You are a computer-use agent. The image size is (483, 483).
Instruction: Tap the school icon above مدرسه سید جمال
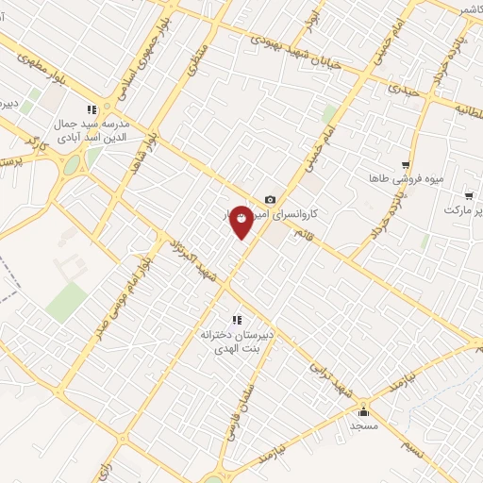(92, 109)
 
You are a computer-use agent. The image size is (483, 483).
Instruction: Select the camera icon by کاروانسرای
(271, 199)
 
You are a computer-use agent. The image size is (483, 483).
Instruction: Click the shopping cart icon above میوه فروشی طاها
(406, 164)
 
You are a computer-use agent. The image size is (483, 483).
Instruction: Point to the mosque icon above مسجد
(364, 411)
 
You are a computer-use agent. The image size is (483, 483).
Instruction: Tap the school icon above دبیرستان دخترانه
(237, 319)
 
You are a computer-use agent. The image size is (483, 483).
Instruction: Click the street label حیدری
(404, 92)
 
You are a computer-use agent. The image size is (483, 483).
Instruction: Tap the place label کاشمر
(451, 9)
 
